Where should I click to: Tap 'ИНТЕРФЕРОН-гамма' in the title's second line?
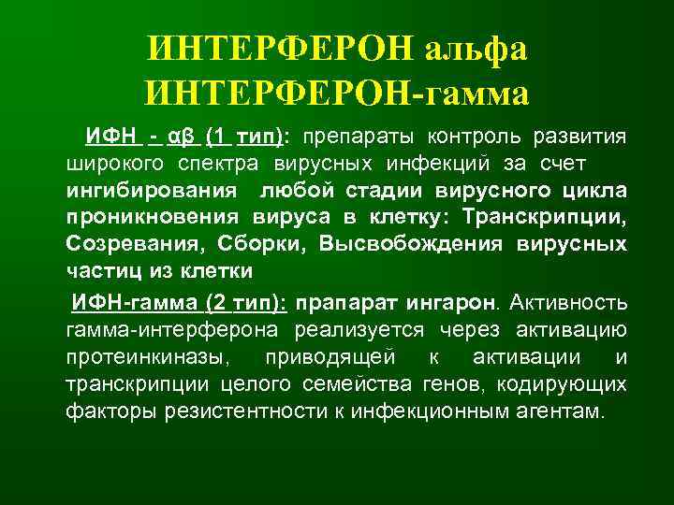tap(337, 94)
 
